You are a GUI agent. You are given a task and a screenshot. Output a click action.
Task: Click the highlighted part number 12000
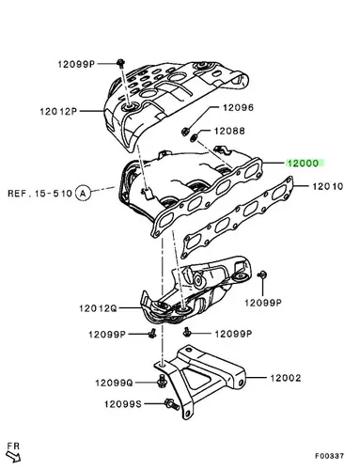point(303,163)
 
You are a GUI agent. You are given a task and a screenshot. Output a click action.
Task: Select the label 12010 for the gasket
point(327,186)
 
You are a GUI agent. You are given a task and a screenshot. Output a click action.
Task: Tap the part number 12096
point(238,108)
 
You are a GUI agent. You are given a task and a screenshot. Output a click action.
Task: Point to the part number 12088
point(229,131)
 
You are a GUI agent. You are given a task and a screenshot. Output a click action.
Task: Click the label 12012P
point(58,111)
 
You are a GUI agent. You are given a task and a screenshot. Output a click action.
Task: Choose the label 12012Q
point(98,308)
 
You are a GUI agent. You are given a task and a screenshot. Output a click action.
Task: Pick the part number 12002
point(286,378)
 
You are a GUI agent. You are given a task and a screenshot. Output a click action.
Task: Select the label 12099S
point(123,404)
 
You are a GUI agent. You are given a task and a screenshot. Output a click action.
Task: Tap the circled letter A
point(83,193)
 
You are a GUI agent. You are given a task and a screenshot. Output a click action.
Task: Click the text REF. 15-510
point(40,193)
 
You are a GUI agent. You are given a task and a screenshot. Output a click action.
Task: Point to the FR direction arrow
point(14,456)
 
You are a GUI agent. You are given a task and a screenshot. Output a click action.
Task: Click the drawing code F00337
point(329,456)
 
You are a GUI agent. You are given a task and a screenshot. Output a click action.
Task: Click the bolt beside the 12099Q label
point(162,381)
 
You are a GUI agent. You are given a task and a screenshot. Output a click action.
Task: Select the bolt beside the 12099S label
point(172,404)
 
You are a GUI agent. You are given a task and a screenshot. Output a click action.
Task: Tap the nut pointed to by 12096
point(185,131)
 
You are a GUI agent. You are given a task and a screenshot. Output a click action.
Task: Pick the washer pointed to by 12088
point(195,137)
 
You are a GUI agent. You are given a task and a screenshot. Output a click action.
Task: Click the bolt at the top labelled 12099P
point(120,62)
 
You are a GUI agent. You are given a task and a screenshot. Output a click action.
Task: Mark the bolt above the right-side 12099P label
point(262,274)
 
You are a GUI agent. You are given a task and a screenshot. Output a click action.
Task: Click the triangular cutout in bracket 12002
point(196,378)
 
